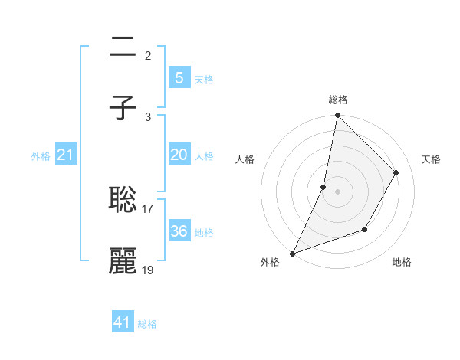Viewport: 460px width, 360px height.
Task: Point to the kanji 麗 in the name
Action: [x=123, y=261]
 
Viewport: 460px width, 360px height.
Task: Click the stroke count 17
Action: [x=148, y=208]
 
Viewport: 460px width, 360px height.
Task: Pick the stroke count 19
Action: [x=148, y=270]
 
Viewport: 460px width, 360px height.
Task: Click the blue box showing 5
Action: [x=179, y=77]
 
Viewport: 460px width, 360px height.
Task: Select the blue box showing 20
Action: [x=179, y=155]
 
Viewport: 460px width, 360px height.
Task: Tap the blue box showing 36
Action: [x=179, y=231]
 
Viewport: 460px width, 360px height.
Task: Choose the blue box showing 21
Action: [x=66, y=155]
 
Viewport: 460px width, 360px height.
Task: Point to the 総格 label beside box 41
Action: [x=147, y=324]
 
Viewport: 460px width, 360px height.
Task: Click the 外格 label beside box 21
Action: [x=41, y=155]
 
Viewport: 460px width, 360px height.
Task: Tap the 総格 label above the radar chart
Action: [x=337, y=100]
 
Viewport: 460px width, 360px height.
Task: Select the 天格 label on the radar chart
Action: [x=431, y=159]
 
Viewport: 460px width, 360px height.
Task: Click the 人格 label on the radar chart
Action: [x=245, y=159]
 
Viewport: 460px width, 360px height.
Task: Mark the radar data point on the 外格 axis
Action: [x=292, y=253]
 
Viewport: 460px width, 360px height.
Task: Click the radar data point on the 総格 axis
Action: [x=337, y=115]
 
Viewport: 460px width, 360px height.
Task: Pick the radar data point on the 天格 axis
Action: [x=396, y=172]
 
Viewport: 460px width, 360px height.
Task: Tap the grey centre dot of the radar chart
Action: [x=337, y=191]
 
